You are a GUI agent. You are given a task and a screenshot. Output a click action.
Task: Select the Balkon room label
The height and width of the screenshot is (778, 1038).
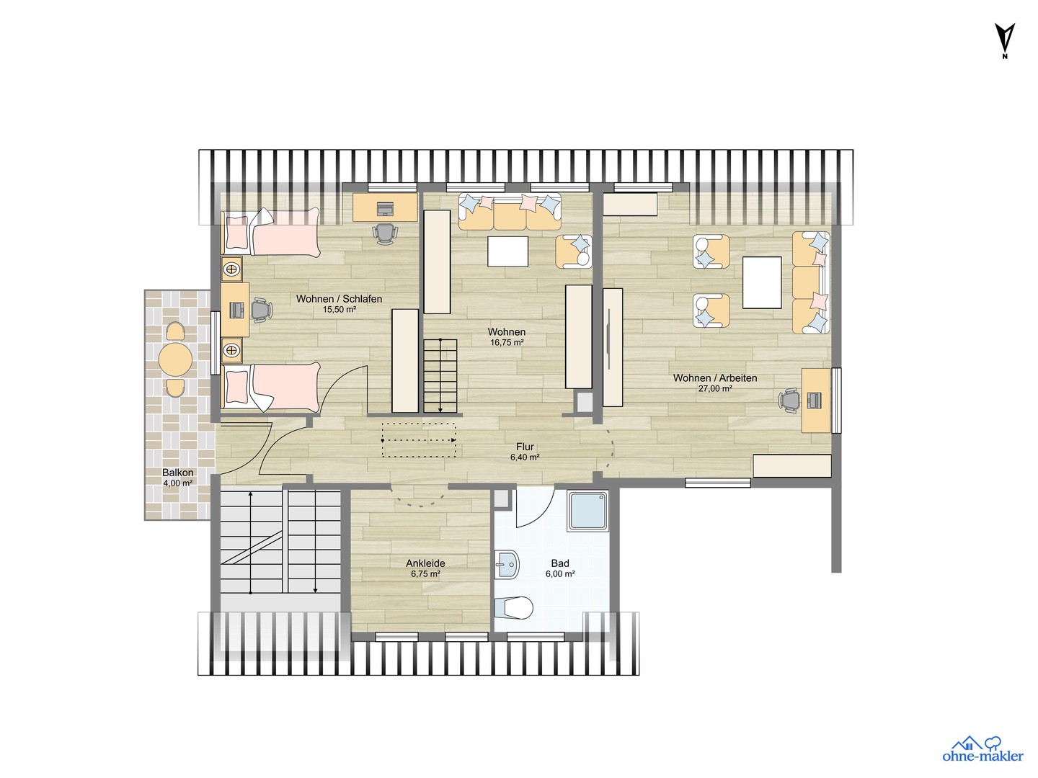178,473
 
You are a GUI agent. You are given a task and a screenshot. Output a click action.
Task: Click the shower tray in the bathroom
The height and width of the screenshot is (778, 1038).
588,511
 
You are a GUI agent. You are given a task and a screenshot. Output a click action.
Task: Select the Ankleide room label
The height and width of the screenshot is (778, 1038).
425,563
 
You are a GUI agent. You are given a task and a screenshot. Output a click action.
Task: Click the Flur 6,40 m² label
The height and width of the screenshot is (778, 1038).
525,452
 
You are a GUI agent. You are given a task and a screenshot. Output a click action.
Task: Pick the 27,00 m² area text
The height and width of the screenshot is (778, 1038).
715,389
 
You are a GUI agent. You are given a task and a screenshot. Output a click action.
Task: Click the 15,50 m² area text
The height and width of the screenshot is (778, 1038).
339,310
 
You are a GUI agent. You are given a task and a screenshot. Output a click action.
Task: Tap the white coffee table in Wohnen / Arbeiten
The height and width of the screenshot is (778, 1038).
762,282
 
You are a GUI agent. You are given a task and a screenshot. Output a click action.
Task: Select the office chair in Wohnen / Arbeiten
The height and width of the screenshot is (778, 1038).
789,400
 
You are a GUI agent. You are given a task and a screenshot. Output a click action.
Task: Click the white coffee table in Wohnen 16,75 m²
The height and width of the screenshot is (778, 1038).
508,251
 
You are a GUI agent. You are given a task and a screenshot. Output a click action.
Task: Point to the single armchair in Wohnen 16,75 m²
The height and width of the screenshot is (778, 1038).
574,252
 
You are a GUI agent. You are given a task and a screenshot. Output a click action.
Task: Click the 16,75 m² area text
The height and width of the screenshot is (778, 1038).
507,343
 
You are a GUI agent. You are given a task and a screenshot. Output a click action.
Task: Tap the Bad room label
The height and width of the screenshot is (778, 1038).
560,563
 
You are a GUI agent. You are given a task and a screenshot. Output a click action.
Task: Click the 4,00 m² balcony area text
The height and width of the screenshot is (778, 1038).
178,483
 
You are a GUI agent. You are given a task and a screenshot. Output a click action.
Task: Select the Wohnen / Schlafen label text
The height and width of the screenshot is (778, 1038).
339,298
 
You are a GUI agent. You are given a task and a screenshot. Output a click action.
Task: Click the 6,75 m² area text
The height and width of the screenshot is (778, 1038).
425,574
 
